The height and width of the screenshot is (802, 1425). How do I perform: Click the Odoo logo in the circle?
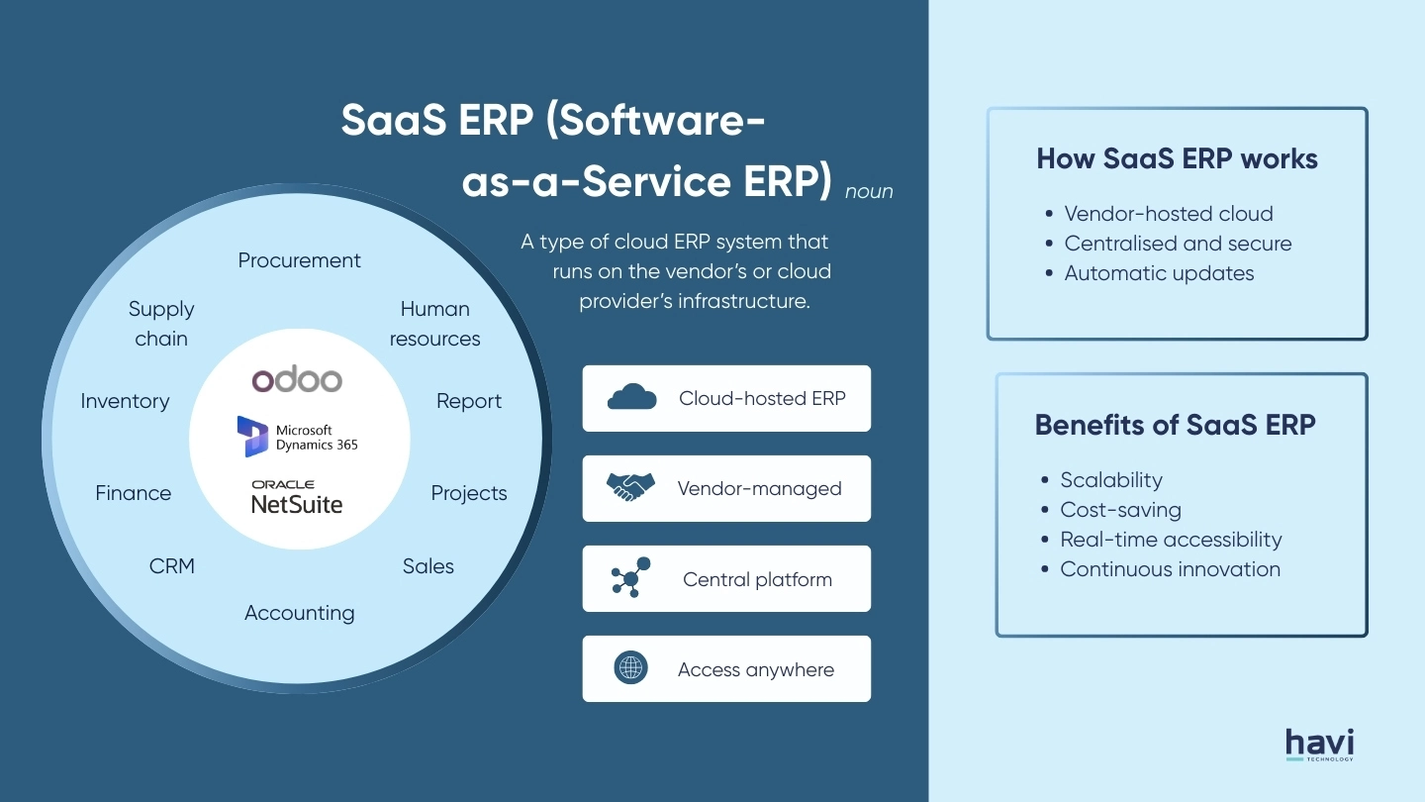[296, 379]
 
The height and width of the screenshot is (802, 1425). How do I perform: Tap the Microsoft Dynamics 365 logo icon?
[253, 437]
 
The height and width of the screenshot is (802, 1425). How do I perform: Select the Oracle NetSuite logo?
[296, 498]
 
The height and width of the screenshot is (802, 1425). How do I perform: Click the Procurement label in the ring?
[299, 260]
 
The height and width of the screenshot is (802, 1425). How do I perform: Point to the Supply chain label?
[161, 324]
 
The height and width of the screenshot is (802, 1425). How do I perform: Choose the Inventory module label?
[125, 401]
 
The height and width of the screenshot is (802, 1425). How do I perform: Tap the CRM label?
[172, 566]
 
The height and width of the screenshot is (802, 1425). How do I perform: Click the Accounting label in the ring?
[299, 613]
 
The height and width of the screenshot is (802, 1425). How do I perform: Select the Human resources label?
[434, 324]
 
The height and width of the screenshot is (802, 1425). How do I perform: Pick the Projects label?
[469, 493]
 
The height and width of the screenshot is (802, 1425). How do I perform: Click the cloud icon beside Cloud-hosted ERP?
[631, 398]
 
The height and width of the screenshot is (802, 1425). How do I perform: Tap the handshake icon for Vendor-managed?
[630, 488]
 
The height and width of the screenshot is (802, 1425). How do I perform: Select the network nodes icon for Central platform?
[630, 578]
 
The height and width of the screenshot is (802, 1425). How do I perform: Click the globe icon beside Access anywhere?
[630, 668]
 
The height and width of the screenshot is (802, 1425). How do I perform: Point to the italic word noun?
[869, 192]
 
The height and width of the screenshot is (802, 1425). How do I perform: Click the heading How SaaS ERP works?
[1177, 158]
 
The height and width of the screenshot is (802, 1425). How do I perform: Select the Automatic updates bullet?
[1159, 273]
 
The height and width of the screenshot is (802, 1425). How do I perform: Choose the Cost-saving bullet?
[1120, 510]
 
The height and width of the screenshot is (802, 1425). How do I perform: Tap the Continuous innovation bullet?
[1170, 569]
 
